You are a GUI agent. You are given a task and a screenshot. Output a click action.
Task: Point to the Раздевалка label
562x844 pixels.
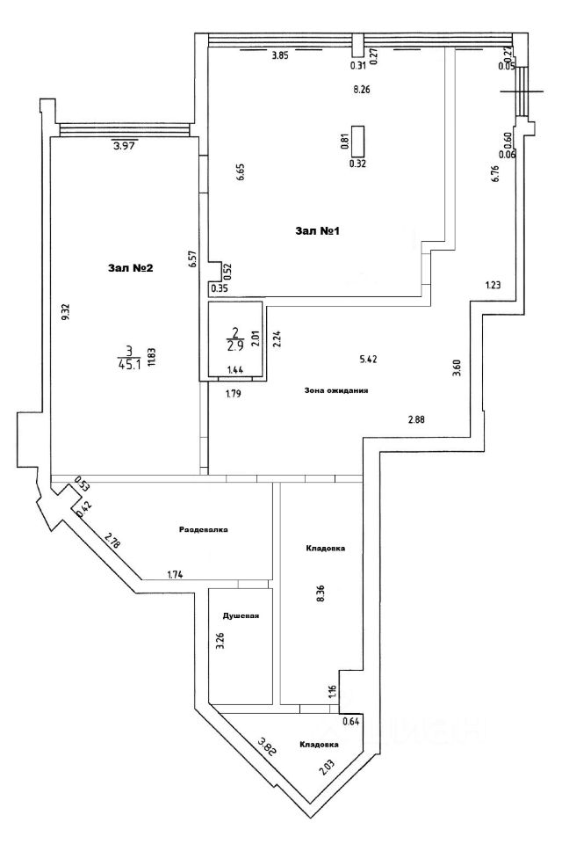pyautogui.click(x=204, y=530)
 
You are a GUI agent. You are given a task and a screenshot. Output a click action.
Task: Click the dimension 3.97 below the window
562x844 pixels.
pyautogui.click(x=126, y=146)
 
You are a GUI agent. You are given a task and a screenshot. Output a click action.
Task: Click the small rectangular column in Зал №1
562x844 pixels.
pyautogui.click(x=358, y=140)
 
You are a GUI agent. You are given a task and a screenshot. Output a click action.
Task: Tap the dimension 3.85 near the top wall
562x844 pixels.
pyautogui.click(x=279, y=55)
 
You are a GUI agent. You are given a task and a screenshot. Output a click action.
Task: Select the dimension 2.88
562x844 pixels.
pyautogui.click(x=417, y=419)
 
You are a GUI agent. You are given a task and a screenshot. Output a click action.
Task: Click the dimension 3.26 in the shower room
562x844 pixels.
pyautogui.click(x=220, y=641)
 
